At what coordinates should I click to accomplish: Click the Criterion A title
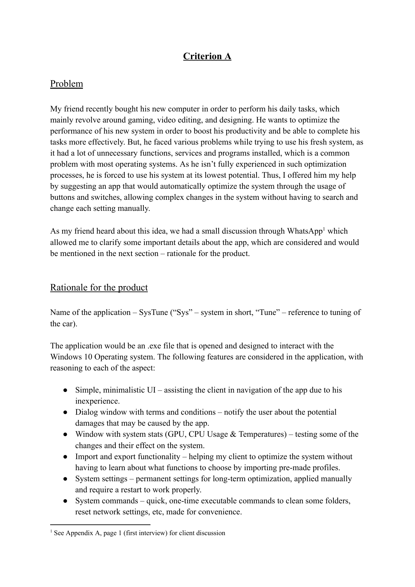(x=207, y=56)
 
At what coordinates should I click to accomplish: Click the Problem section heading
(x=67, y=84)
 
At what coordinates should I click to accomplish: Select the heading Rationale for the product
(x=99, y=287)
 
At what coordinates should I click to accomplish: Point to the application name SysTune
(x=153, y=313)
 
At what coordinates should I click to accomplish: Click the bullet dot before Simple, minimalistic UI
(x=66, y=390)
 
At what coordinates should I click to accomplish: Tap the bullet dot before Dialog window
(x=66, y=412)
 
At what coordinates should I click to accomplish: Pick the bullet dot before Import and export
(x=66, y=457)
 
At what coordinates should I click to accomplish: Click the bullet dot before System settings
(x=66, y=479)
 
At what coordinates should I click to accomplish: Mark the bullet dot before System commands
(x=66, y=501)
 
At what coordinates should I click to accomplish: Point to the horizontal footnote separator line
(x=100, y=525)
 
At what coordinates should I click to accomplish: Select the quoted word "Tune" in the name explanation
(x=268, y=313)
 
